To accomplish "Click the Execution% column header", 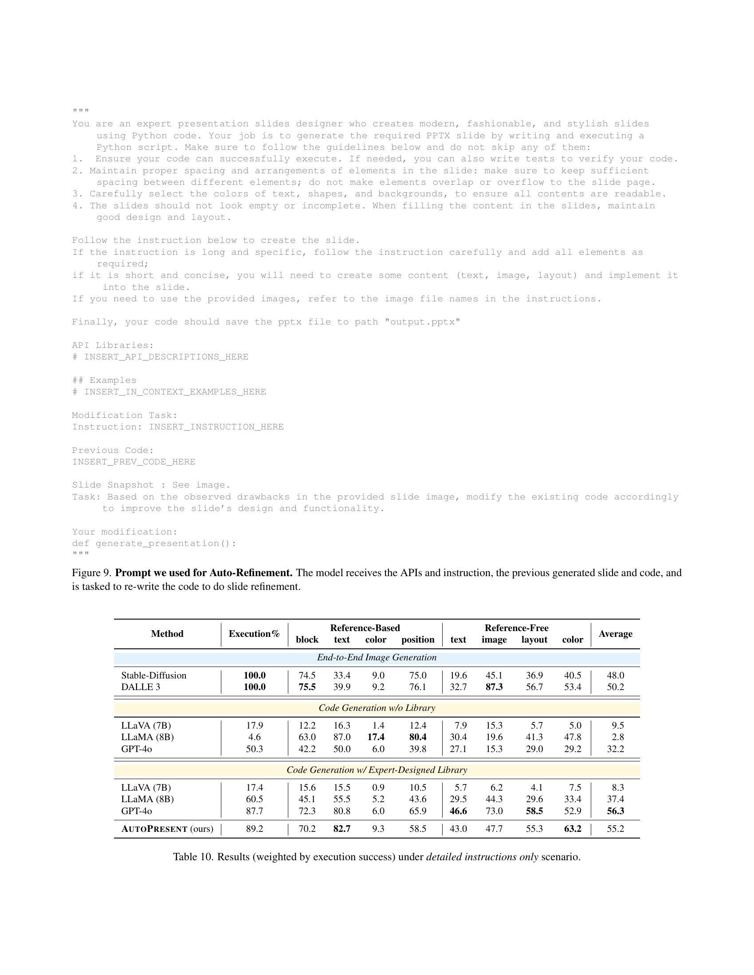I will point(254,633).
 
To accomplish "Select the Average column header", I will point(615,633).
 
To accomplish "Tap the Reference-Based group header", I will point(365,628).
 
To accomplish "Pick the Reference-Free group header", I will point(516,628).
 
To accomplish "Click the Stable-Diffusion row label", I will point(153,675).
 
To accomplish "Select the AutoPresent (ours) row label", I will point(167,829).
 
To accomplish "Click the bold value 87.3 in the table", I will point(494,687).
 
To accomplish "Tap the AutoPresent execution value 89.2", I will point(255,829).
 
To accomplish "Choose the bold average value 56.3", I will point(615,811).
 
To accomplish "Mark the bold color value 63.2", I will point(573,829).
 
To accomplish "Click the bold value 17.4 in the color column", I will point(376,737).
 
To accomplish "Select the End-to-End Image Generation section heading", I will point(377,658).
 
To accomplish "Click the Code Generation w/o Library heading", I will point(377,708).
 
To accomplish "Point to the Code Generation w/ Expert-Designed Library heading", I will point(377,770).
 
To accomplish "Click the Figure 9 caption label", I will point(91,573).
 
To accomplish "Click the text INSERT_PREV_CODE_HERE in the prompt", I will point(134,462).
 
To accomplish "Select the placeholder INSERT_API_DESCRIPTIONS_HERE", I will point(166,357).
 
